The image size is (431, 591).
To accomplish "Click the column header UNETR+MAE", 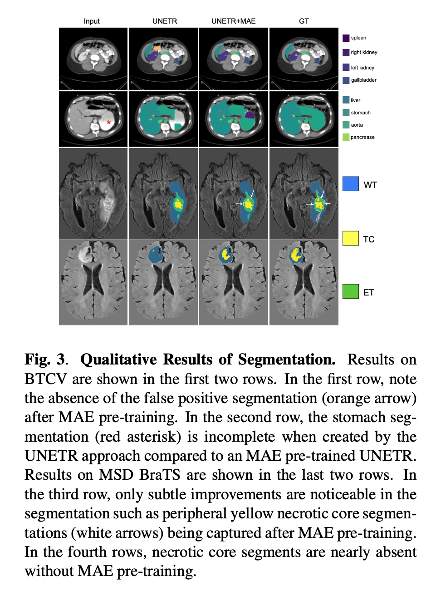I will [x=233, y=21].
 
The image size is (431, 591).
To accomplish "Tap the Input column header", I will [x=92, y=21].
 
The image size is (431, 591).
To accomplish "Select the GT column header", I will [x=304, y=21].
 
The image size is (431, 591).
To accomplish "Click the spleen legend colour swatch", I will [x=346, y=38].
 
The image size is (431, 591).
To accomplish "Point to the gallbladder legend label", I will [x=363, y=80].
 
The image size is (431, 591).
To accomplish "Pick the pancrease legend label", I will [x=362, y=137].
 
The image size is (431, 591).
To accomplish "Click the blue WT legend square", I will [x=350, y=184].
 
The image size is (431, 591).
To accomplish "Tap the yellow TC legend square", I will [x=350, y=238].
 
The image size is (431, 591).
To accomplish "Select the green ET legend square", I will [x=350, y=291].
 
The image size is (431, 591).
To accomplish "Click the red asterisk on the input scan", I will [x=108, y=122].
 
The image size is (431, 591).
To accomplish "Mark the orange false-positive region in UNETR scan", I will [x=157, y=48].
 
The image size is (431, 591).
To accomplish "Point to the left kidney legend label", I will [x=362, y=68].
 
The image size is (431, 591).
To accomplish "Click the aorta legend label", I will [x=357, y=125].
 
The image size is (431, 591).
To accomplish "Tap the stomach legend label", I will [x=360, y=113].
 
